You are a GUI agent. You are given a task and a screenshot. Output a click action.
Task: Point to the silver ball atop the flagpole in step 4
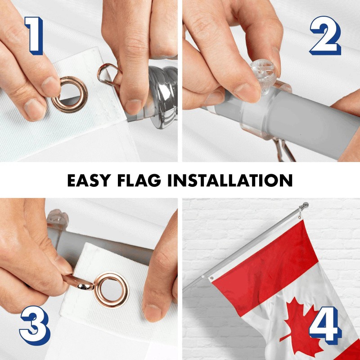point(306,206)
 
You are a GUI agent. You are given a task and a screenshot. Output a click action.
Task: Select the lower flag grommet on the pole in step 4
point(211,278)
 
